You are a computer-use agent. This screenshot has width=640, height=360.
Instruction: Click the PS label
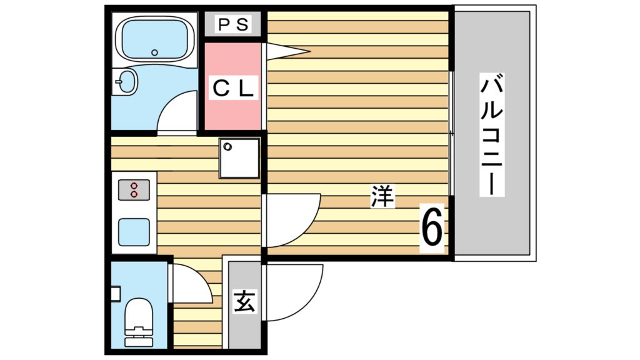pyautogui.click(x=232, y=26)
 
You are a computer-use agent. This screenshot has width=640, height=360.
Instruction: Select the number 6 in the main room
pyautogui.click(x=432, y=227)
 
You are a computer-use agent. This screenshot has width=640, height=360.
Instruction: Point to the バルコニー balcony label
pyautogui.click(x=492, y=133)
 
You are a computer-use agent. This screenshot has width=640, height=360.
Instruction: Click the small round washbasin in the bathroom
pyautogui.click(x=127, y=82)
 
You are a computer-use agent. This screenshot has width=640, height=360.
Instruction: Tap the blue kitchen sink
pyautogui.click(x=134, y=232)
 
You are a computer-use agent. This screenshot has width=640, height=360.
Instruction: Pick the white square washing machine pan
pyautogui.click(x=239, y=157)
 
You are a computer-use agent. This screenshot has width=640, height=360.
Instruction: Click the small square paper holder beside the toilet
pyautogui.click(x=114, y=293)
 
